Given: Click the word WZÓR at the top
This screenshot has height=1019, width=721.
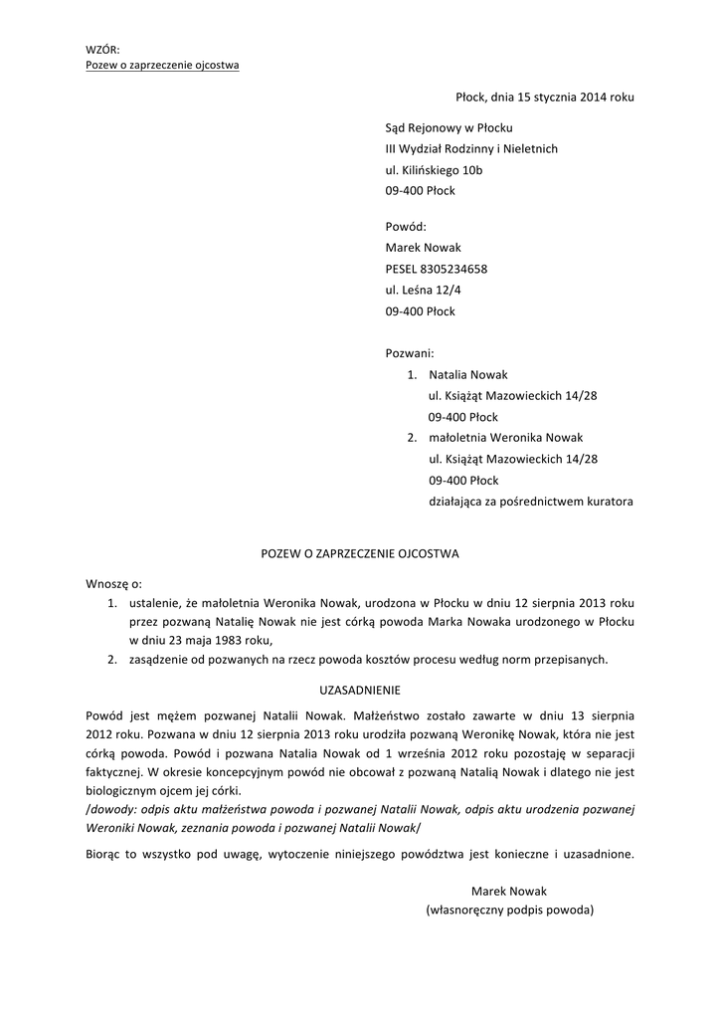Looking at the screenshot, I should coord(102,49).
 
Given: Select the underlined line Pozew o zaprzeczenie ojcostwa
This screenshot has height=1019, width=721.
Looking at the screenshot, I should coord(162,66).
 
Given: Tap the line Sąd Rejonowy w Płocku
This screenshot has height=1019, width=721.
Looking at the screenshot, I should coord(449,128).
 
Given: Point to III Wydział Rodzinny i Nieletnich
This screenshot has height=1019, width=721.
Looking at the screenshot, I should coord(471,149).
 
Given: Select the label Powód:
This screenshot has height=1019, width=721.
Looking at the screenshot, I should coord(406,227).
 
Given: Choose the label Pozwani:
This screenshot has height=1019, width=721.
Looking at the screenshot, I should coord(409,352).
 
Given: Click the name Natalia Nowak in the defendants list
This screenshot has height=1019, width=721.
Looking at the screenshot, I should coord(468,375).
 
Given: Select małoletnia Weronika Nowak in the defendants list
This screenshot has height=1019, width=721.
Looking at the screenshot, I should coord(506,438).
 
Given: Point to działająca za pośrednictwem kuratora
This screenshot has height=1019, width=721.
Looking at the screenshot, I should coord(531,502).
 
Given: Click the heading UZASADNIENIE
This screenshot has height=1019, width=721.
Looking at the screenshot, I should coord(359,688).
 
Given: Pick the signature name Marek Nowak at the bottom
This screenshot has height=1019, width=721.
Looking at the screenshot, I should coord(509,891).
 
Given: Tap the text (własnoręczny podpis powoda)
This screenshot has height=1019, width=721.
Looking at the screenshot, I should coord(509,910).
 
